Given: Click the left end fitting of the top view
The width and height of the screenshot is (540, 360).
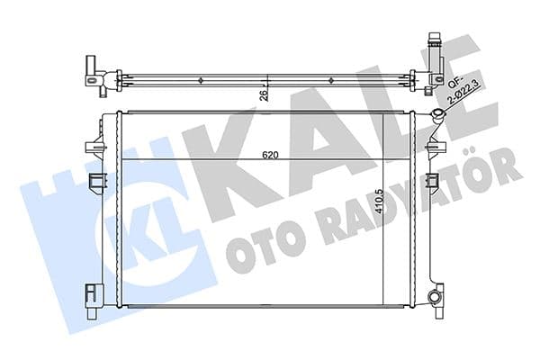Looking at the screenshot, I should point(98,77).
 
